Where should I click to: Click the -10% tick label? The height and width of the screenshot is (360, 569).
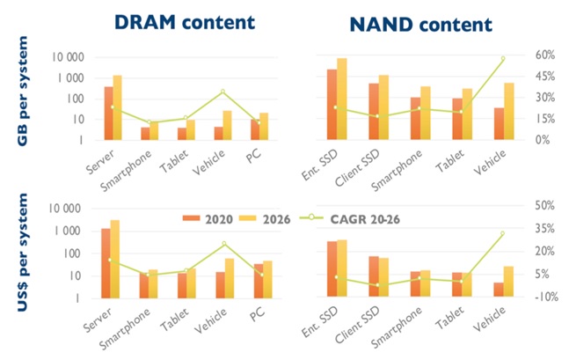[x=540, y=297]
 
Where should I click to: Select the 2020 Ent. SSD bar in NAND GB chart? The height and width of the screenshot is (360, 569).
[x=332, y=104]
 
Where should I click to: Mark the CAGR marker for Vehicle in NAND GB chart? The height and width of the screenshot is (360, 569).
[x=503, y=59]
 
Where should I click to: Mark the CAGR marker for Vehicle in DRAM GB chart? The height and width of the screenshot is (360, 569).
[x=222, y=92]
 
